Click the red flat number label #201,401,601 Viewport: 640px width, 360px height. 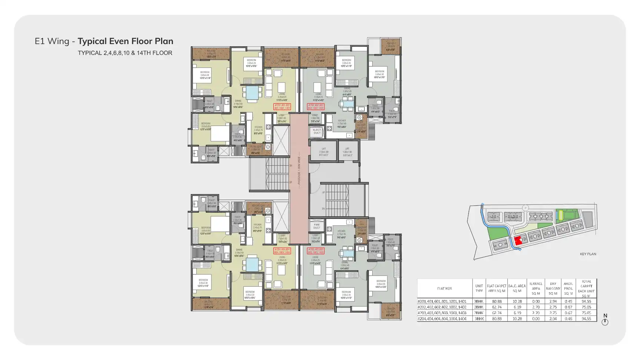[282, 107]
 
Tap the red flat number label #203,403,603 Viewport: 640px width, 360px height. [316, 251]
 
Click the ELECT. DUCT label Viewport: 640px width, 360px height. [317, 131]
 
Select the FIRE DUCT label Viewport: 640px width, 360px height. [317, 226]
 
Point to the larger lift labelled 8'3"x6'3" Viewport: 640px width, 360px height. [323, 151]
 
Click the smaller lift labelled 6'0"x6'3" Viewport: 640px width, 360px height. [347, 151]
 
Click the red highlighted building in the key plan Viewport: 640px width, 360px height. [520, 240]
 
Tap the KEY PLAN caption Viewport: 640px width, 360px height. [588, 254]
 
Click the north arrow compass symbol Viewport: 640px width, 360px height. [605, 321]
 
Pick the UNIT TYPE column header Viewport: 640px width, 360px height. [479, 288]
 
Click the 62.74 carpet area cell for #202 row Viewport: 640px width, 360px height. [496, 307]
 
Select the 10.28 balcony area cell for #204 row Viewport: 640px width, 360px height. [517, 319]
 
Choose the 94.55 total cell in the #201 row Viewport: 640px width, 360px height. [586, 301]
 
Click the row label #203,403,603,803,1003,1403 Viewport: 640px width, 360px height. [442, 313]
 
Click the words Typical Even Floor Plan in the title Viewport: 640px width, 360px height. [125, 41]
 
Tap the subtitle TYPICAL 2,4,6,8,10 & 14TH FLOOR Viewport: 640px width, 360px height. [125, 53]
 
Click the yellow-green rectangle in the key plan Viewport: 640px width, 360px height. [560, 215]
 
